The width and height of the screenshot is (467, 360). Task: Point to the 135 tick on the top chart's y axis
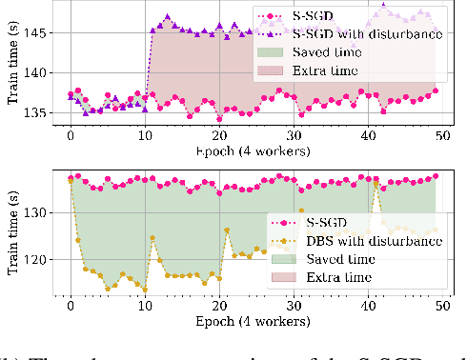click(43, 112)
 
